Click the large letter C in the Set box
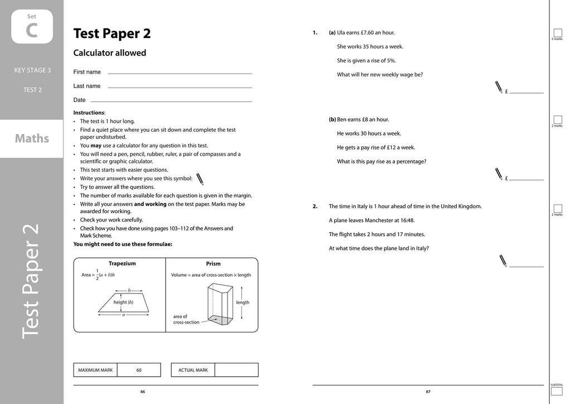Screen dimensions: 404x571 pos(32,31)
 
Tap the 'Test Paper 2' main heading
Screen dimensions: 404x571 pos(112,33)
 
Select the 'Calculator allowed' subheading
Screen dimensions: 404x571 pos(110,53)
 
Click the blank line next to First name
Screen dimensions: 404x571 pos(180,73)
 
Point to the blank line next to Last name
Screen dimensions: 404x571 pos(180,87)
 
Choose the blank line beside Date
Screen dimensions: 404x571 pos(180,101)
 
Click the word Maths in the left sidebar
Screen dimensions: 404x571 pos(32,138)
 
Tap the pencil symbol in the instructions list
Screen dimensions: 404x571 pos(200,179)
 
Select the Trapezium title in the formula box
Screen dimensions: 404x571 pos(122,263)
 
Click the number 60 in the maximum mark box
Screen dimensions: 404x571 pos(139,370)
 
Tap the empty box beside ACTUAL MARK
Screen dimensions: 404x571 pos(236,370)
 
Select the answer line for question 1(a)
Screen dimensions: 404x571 pos(526,92)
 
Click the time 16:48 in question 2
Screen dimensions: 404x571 pos(407,220)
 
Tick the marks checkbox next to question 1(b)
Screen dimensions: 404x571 pos(557,119)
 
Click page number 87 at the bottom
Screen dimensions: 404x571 pos(428,392)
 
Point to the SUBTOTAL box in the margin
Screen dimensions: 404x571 pos(557,392)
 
